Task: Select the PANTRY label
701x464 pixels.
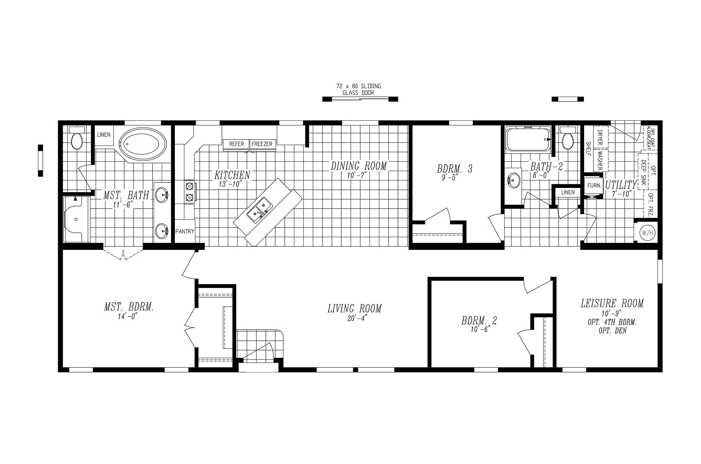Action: [x=185, y=231]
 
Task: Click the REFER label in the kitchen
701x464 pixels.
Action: [x=236, y=144]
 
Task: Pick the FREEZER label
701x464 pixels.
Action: [x=262, y=144]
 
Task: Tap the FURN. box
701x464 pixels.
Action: [x=594, y=186]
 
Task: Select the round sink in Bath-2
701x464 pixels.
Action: [x=514, y=180]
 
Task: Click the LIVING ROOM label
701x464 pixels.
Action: [x=354, y=309]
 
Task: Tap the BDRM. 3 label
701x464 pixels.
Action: [x=455, y=169]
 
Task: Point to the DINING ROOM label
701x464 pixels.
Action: [x=359, y=166]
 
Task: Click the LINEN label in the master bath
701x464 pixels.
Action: [x=104, y=135]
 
